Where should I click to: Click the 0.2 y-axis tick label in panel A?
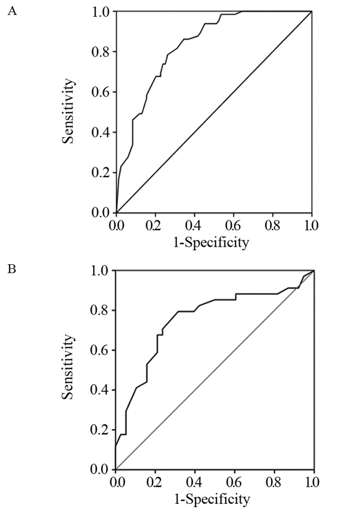point(101,173)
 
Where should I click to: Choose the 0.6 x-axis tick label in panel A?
point(233,225)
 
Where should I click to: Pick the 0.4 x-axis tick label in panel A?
point(194,225)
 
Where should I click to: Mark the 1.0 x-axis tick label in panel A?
point(312,225)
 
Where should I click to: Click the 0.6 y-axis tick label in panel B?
point(101,351)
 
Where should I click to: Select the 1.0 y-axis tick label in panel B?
point(101,270)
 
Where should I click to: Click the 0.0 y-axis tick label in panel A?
point(101,212)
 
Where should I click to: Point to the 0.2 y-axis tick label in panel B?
point(101,430)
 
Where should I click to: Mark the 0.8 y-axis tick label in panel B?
point(101,310)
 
